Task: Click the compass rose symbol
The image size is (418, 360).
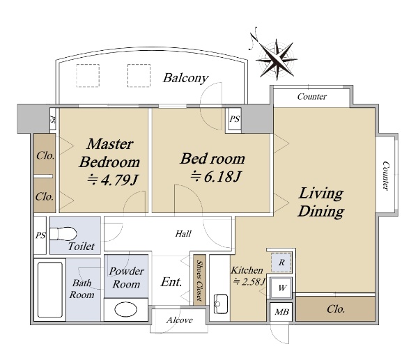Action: [x=277, y=60]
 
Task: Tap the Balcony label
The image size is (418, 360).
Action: [x=185, y=78]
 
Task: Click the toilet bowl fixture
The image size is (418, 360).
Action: [x=63, y=234]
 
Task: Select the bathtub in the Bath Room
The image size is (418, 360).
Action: [x=50, y=290]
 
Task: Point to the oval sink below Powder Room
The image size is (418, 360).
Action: [x=126, y=309]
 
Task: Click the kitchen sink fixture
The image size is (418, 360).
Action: [x=221, y=304]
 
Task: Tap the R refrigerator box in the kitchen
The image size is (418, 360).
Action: [x=281, y=263]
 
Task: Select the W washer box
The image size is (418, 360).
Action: [x=281, y=288]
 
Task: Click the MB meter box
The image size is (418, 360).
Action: [x=281, y=312]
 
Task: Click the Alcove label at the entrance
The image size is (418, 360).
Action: [x=179, y=320]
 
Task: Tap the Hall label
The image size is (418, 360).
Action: [x=183, y=234]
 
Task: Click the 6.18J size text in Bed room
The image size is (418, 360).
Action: [x=216, y=176]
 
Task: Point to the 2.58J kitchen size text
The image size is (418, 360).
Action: [x=249, y=281]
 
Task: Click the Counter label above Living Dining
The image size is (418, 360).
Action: [x=312, y=97]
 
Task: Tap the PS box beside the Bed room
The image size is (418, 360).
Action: [x=235, y=119]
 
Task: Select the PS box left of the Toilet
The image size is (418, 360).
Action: [x=40, y=235]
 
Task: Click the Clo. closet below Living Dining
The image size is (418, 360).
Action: [x=336, y=309]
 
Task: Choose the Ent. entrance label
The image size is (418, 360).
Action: [x=171, y=282]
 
